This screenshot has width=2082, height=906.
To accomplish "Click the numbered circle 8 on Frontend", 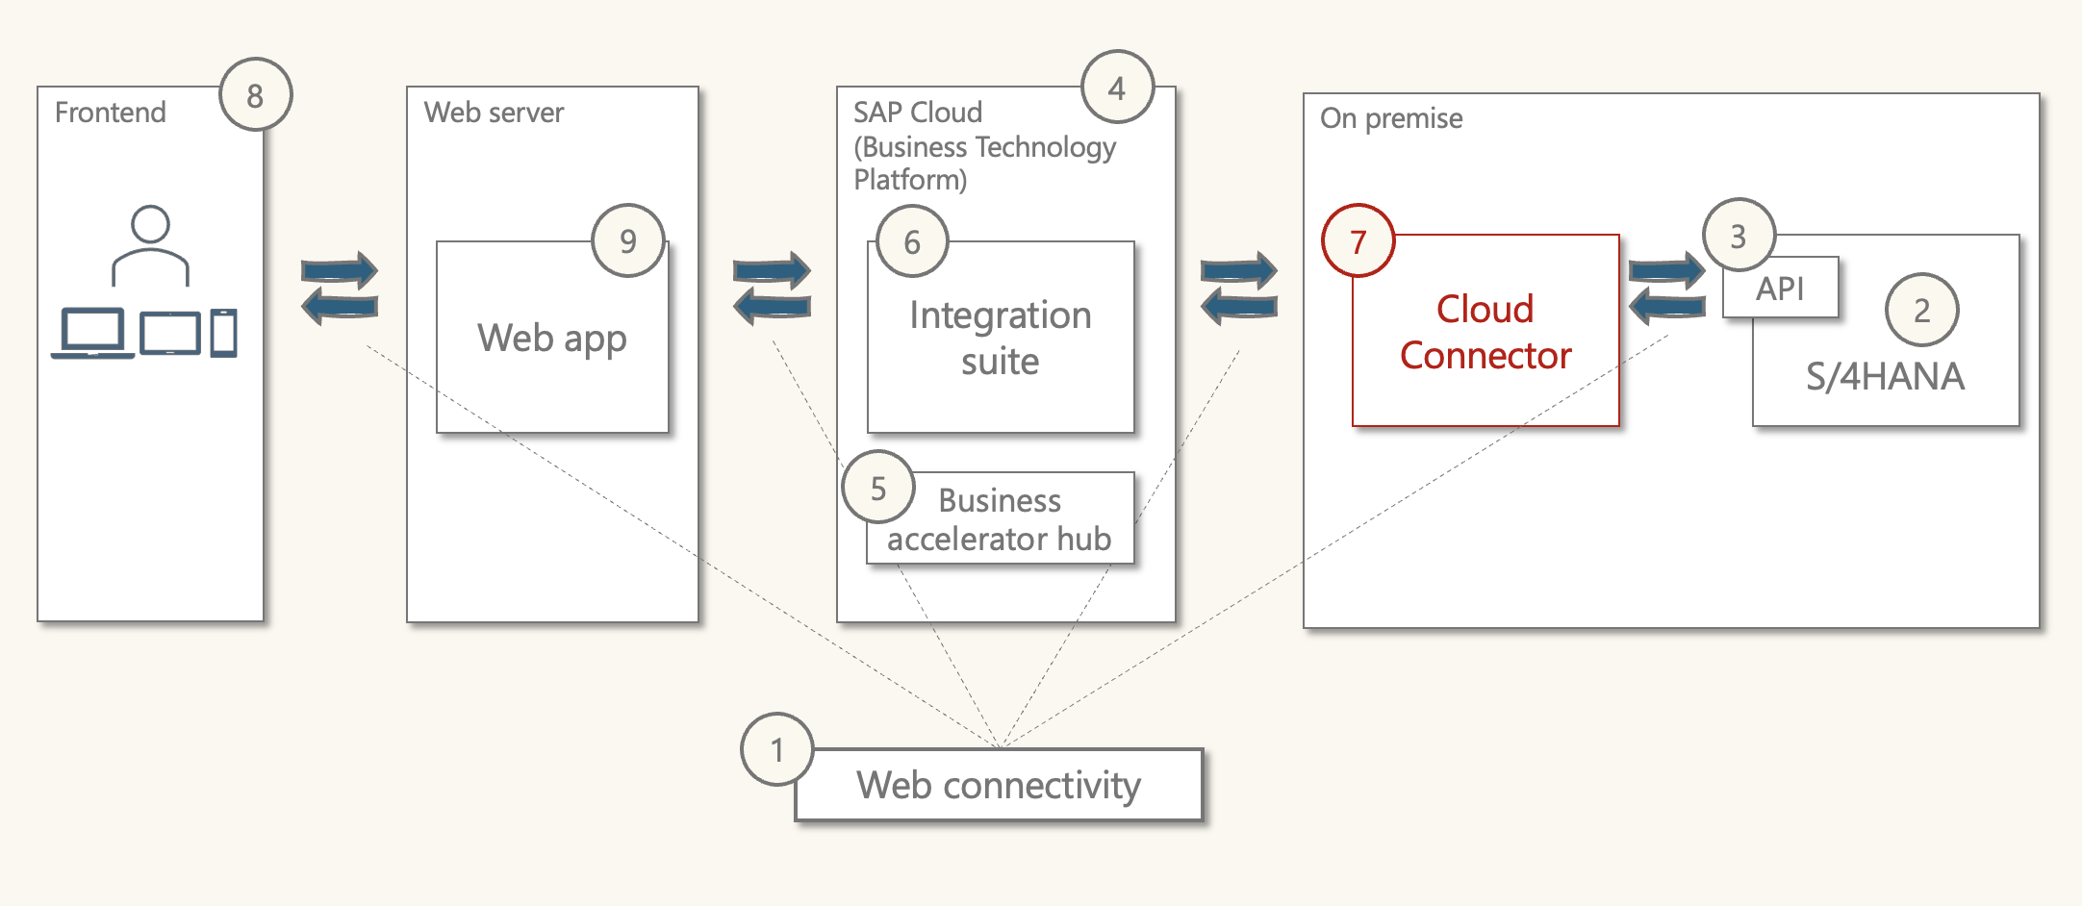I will (x=255, y=95).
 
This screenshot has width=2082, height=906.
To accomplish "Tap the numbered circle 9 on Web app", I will (x=628, y=240).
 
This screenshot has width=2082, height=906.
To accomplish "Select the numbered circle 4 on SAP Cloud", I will (x=1117, y=88).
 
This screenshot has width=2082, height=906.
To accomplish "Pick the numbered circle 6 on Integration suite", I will (x=912, y=241).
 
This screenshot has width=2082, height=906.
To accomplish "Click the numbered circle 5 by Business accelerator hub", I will (x=877, y=488).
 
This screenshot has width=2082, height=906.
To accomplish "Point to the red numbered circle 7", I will (x=1358, y=241).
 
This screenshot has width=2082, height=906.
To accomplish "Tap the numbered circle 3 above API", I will (x=1738, y=236).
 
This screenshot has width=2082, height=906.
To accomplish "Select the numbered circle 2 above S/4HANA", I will (x=1921, y=310).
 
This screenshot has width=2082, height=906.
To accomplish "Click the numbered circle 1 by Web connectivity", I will (x=777, y=749).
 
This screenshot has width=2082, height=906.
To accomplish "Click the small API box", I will (x=1780, y=288).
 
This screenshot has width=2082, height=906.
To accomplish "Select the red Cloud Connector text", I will (x=1485, y=332).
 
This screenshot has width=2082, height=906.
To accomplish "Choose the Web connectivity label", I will (x=999, y=785).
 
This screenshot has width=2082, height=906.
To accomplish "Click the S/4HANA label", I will (x=1885, y=376).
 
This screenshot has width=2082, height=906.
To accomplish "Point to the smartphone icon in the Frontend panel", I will (x=223, y=333).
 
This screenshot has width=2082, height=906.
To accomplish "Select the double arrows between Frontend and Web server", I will (x=340, y=288).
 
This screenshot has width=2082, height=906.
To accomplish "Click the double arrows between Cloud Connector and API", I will (x=1666, y=288).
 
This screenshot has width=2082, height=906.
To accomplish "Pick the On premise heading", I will (x=1391, y=118).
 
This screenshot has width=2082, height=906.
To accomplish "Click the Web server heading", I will (x=494, y=113).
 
